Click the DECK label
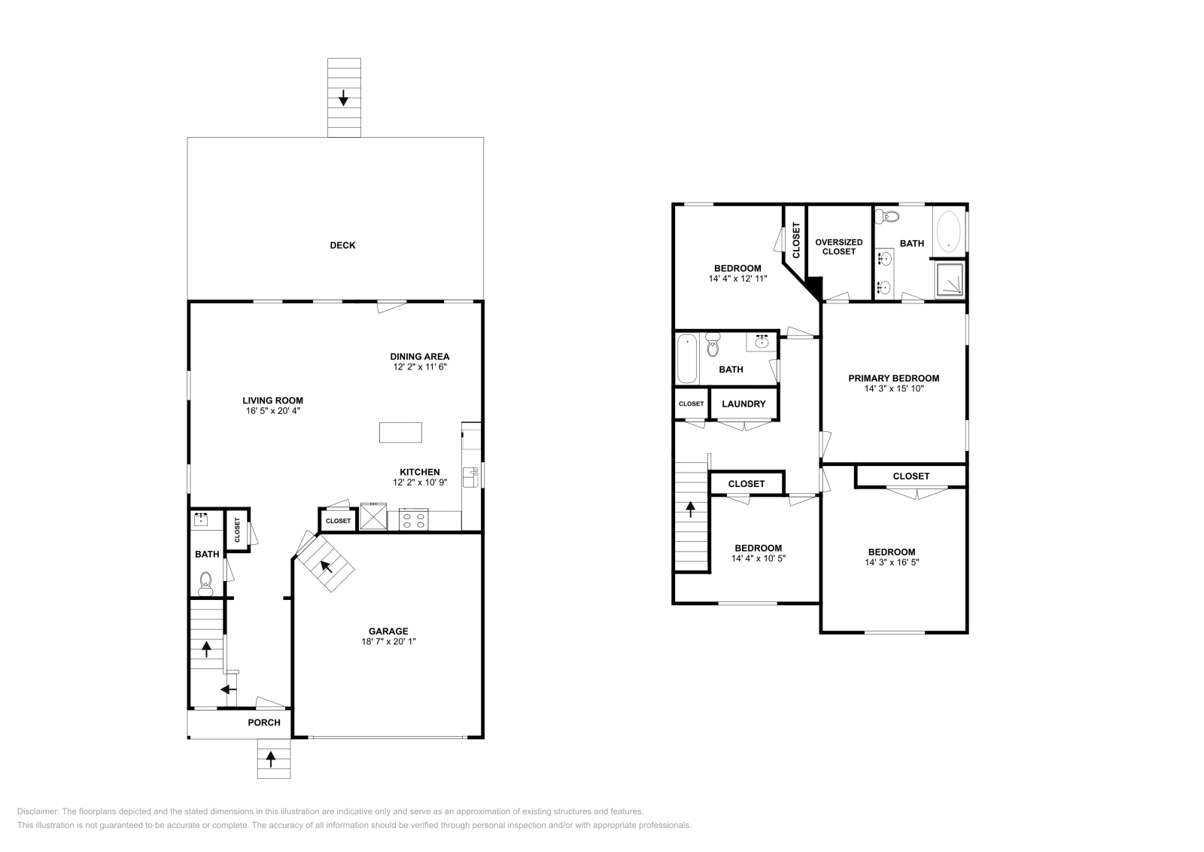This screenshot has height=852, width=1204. click(342, 245)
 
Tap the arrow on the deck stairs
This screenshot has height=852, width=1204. click(344, 97)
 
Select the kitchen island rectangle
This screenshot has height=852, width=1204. click(400, 433)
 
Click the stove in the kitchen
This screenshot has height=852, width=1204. click(414, 519)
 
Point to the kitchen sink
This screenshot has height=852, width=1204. click(470, 477)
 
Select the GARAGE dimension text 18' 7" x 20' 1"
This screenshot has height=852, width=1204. click(388, 642)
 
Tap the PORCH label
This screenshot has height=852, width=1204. click(264, 723)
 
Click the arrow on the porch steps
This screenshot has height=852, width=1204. click(273, 759)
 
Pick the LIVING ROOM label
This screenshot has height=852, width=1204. click(272, 400)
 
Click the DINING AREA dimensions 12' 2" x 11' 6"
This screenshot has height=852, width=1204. click(420, 367)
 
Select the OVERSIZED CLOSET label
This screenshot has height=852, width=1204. click(839, 247)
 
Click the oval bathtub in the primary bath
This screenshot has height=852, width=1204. click(949, 230)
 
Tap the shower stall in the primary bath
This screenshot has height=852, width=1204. click(950, 280)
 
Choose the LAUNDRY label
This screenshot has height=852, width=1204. click(743, 404)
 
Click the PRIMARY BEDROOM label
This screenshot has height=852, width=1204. click(894, 379)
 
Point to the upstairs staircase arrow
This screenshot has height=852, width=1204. click(690, 510)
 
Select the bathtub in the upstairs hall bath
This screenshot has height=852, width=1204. click(687, 360)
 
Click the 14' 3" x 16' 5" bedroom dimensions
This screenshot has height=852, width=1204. click(892, 562)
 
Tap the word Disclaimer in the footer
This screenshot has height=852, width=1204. click(37, 811)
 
